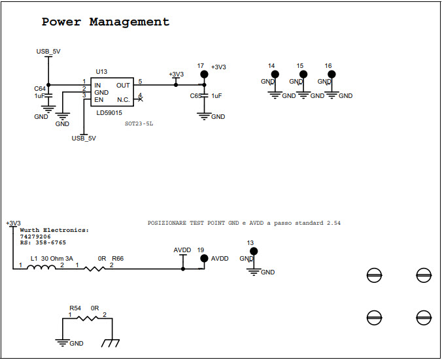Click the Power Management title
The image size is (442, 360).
point(105,22)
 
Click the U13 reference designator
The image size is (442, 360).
point(101,72)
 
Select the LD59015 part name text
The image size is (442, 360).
point(109,114)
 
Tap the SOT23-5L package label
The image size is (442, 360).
point(139,123)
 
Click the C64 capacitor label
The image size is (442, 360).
point(40,88)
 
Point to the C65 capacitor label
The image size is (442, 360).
point(195,96)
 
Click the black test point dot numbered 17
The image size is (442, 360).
point(203,74)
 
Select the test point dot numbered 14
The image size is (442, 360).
point(275,75)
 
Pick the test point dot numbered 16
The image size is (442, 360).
point(331,75)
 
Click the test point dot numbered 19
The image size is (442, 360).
point(203,259)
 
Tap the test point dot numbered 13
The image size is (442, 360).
point(254,251)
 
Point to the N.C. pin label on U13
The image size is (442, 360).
point(123,99)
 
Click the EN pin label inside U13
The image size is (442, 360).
point(98,99)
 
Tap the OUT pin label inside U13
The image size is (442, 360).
point(123,85)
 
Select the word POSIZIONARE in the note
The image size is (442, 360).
point(167,223)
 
